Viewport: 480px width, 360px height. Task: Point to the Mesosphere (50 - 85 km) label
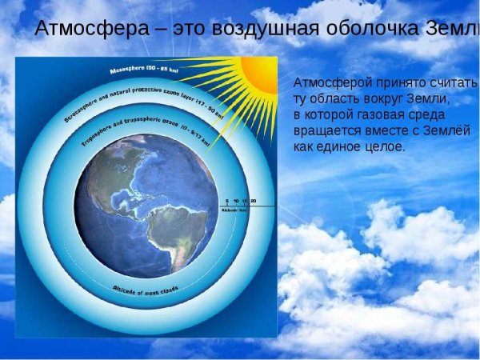(x=144, y=70)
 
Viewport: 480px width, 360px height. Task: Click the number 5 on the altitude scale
(x=226, y=200)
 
